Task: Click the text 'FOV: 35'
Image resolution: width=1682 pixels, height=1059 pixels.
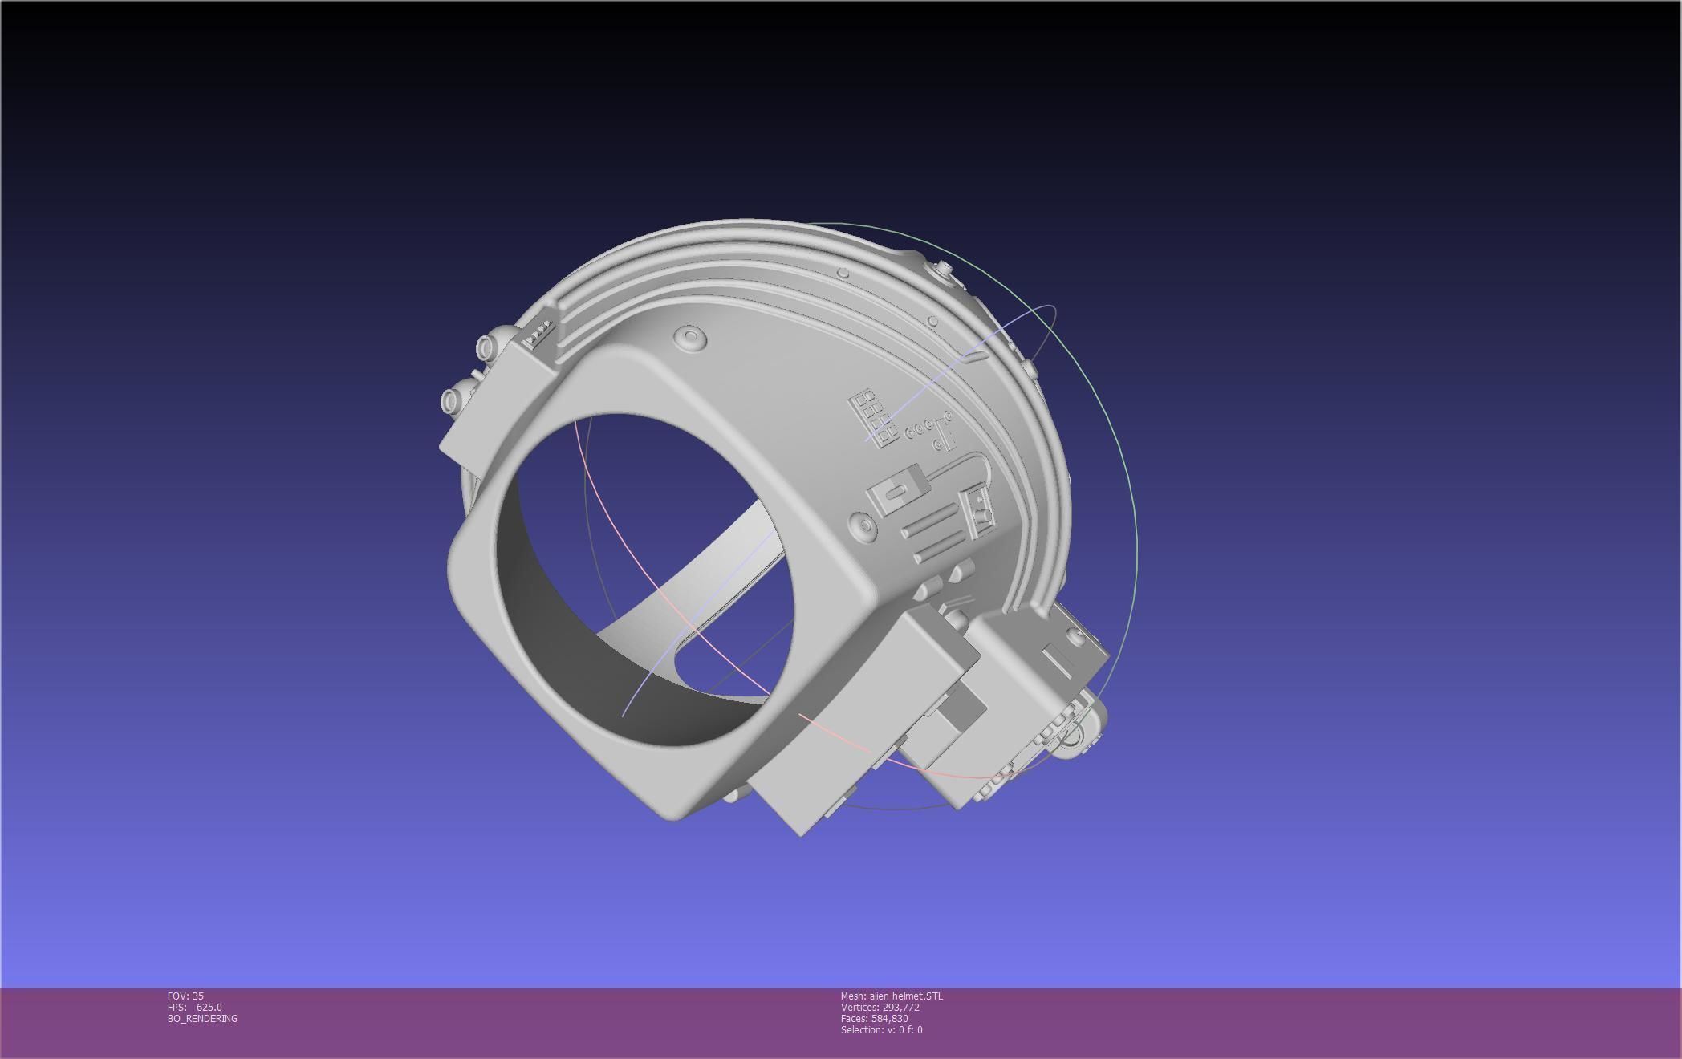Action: point(185,996)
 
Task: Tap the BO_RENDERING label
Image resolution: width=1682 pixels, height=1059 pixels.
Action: point(202,1018)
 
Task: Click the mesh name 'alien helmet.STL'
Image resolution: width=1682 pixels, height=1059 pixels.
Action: point(906,996)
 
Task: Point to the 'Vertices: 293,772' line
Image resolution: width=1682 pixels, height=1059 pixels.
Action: point(880,1007)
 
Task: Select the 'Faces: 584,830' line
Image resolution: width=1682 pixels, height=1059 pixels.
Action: point(874,1018)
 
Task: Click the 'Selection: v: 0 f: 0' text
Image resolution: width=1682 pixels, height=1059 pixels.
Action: point(881,1029)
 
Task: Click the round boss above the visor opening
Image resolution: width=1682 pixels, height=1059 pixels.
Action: point(691,337)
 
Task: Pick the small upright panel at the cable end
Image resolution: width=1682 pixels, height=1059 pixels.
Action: point(981,513)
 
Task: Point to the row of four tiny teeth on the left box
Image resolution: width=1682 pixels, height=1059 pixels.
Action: point(539,331)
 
